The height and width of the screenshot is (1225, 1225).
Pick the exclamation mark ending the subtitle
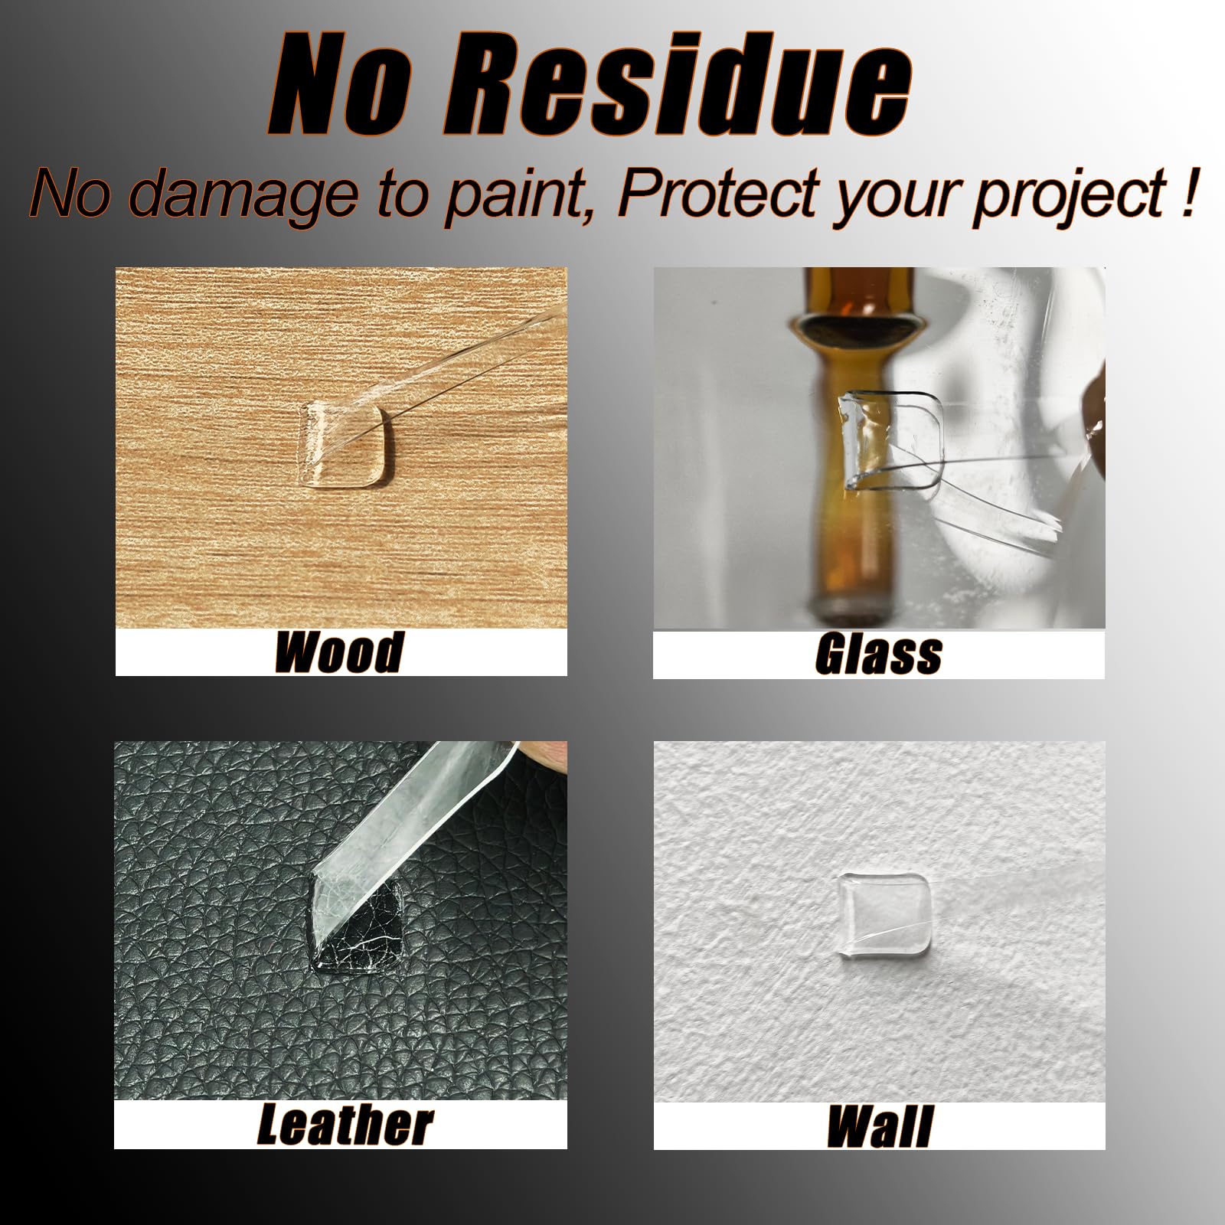(x=1187, y=193)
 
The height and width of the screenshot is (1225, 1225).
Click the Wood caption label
(x=338, y=652)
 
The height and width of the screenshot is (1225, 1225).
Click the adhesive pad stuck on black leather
(x=358, y=925)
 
